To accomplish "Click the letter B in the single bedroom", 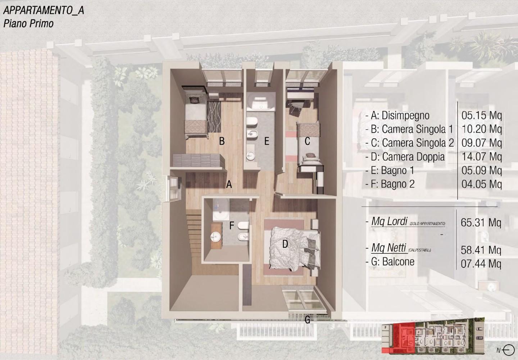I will [222, 141].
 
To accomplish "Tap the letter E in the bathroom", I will [267, 141].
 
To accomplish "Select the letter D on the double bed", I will [285, 244].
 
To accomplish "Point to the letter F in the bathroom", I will [232, 226].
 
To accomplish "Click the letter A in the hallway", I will [229, 185].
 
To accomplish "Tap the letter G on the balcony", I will [308, 320].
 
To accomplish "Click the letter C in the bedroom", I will [307, 141].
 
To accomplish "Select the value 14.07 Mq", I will [481, 157].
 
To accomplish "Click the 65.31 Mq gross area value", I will [481, 222].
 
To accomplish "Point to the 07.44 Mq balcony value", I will [481, 264].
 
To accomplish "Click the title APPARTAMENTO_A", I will [44, 10].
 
